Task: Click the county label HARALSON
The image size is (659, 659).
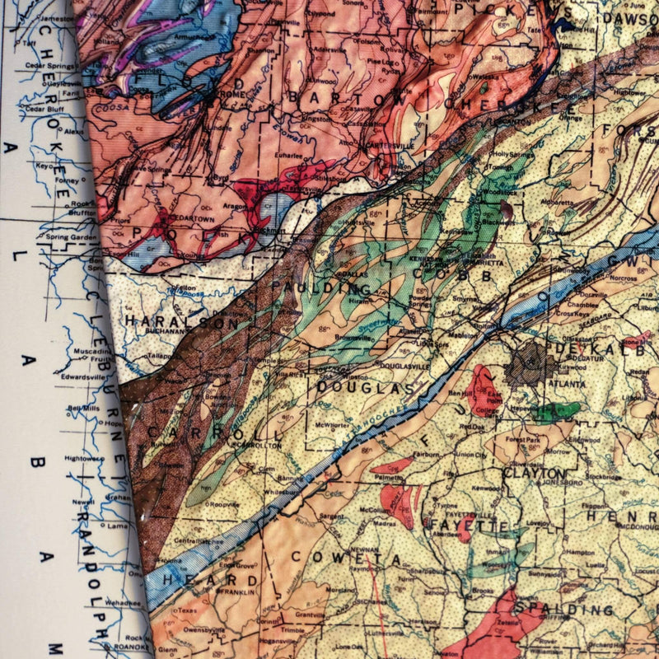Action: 174,322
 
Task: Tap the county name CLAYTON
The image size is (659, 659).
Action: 535,474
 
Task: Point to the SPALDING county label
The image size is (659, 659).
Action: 564,610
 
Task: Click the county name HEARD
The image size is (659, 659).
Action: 192,580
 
